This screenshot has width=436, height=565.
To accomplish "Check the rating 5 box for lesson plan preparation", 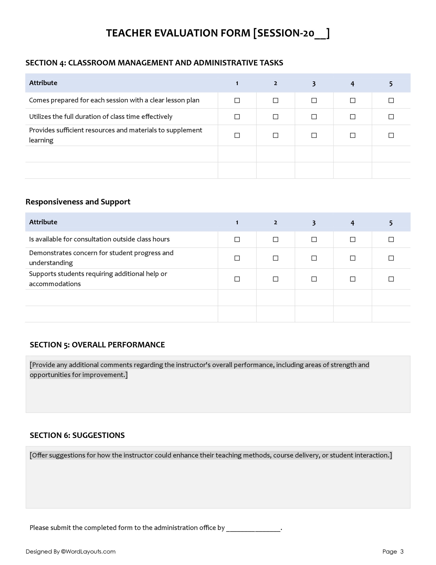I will tap(391, 100).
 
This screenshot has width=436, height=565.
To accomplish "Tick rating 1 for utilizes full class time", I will tap(237, 117).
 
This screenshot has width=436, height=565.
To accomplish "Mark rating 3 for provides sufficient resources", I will tap(314, 135).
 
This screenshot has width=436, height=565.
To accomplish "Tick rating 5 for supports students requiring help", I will tap(391, 279).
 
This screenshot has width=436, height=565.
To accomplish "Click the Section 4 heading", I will tap(154, 63).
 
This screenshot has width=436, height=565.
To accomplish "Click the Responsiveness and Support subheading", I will tap(78, 202).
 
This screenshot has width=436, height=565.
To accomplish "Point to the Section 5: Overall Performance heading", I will tap(97, 345).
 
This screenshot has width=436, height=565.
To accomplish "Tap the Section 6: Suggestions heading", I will tap(77, 435).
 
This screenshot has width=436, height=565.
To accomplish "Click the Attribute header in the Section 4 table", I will tap(43, 83).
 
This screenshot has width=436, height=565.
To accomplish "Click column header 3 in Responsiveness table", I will tap(314, 223).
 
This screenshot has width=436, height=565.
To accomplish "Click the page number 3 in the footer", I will tap(402, 552).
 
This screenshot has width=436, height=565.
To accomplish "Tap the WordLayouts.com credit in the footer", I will tap(88, 552).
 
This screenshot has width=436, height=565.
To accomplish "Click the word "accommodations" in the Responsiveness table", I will tap(55, 284).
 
